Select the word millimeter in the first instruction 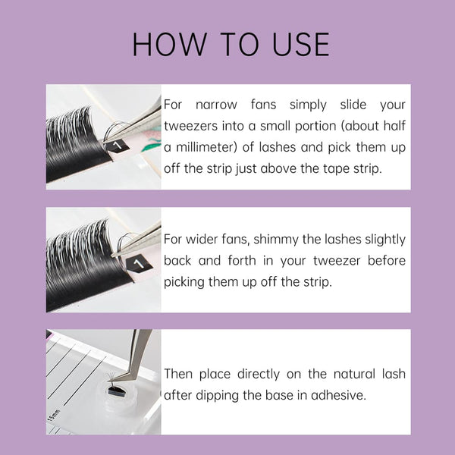(209, 147)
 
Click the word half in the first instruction (391, 126)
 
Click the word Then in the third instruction (180, 374)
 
